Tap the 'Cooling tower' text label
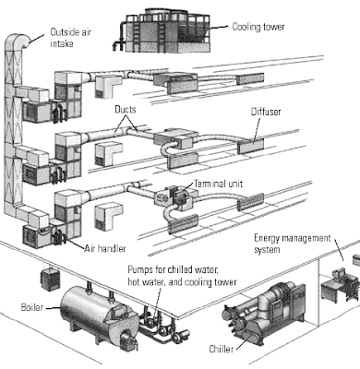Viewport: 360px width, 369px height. tap(261, 28)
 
